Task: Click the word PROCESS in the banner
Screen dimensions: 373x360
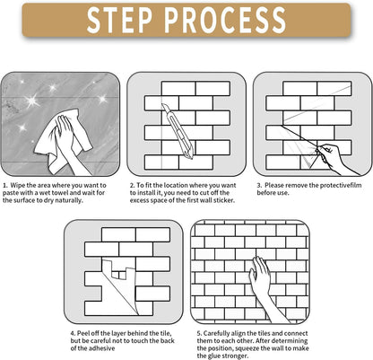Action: pos(225,20)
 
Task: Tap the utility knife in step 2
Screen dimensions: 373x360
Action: pos(178,131)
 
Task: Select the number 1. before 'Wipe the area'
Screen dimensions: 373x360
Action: pos(5,186)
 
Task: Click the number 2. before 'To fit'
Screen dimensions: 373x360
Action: pos(133,186)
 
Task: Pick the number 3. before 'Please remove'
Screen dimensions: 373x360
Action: pos(259,186)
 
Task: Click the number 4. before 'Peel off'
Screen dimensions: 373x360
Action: pos(73,333)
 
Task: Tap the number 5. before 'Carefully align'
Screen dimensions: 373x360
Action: pos(199,333)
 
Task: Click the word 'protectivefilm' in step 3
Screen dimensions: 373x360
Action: pos(341,186)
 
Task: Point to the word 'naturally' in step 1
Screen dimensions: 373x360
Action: pos(68,201)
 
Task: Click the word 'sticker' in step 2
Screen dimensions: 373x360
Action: pos(224,200)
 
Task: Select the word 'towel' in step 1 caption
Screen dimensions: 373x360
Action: pos(60,193)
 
